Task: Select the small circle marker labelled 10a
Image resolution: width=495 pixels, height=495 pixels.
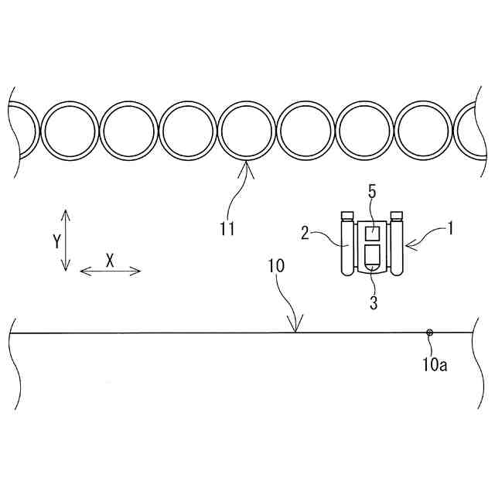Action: pos(430,333)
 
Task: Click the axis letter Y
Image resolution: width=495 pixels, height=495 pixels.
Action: pos(56,241)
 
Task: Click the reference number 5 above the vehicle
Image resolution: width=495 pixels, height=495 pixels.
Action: pos(371,193)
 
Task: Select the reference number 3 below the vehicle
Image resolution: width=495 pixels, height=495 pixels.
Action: pos(373,302)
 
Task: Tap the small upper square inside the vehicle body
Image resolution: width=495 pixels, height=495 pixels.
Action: pos(372,232)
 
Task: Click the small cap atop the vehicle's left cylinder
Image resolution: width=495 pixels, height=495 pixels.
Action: pos(347,215)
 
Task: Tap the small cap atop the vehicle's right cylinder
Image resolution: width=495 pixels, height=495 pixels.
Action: pos(398,215)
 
